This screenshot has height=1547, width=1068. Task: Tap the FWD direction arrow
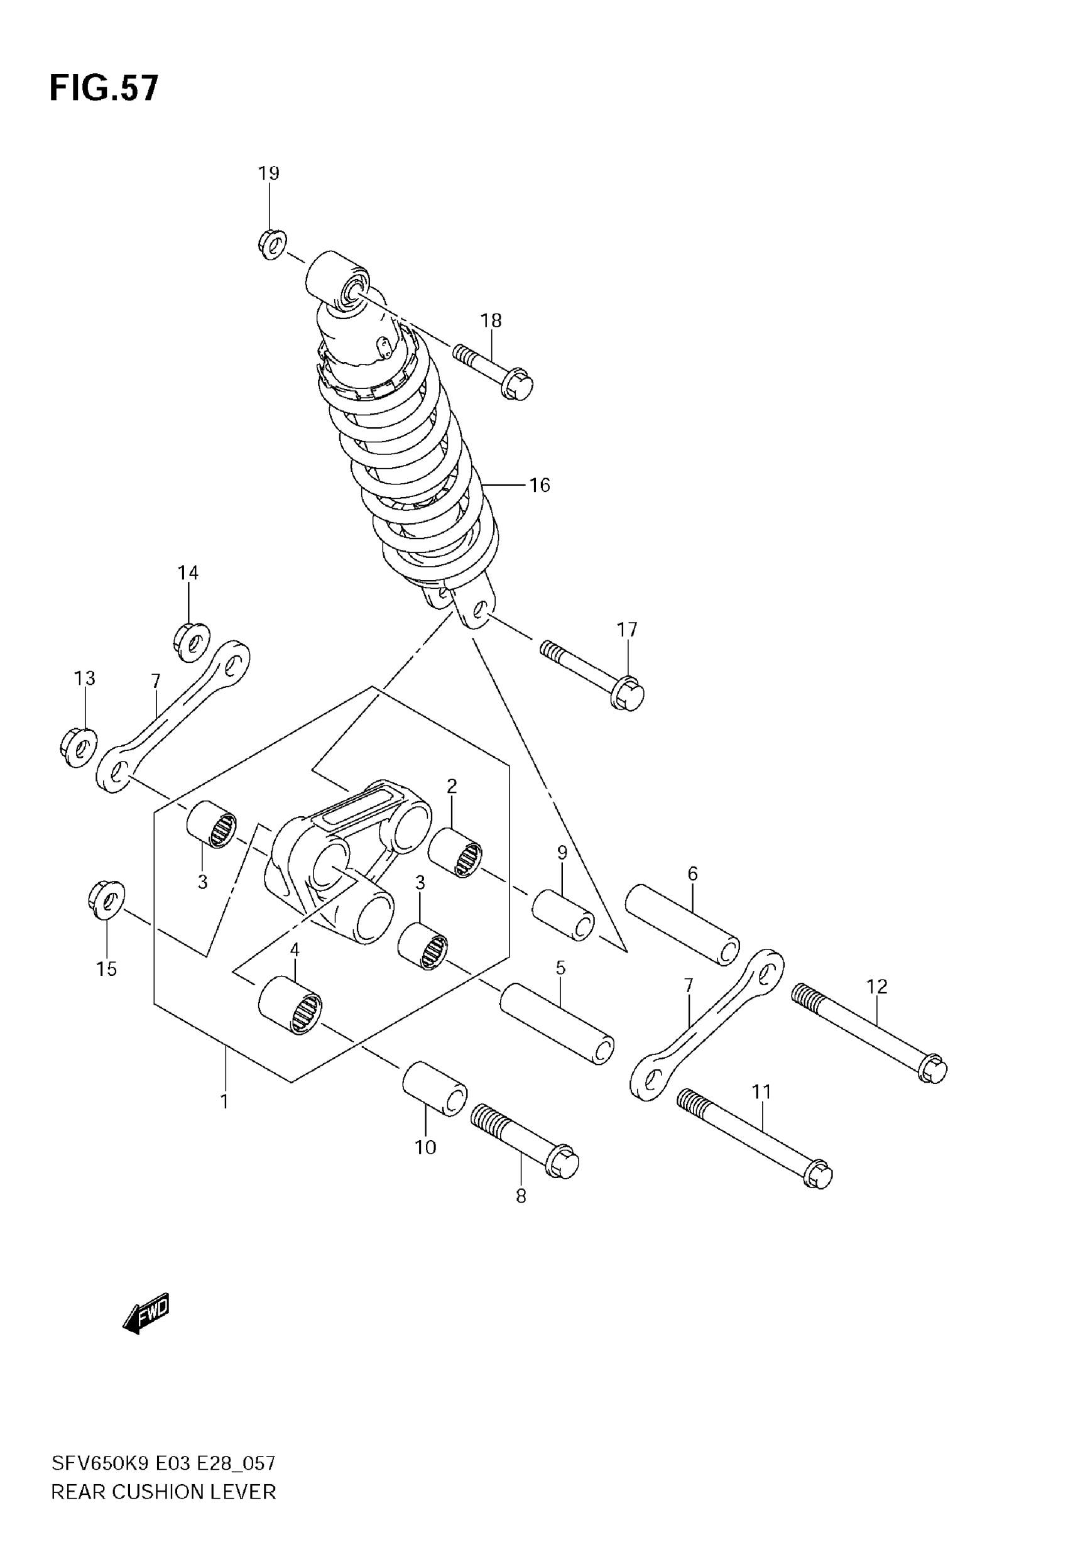click(x=146, y=1313)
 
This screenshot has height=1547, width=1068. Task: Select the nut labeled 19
click(x=271, y=245)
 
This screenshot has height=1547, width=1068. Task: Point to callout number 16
click(x=540, y=485)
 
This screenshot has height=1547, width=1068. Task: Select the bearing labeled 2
click(x=455, y=853)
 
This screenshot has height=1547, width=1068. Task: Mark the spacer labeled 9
click(x=563, y=915)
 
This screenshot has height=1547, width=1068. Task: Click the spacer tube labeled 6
click(x=682, y=925)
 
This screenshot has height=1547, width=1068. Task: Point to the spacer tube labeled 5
click(x=557, y=1022)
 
